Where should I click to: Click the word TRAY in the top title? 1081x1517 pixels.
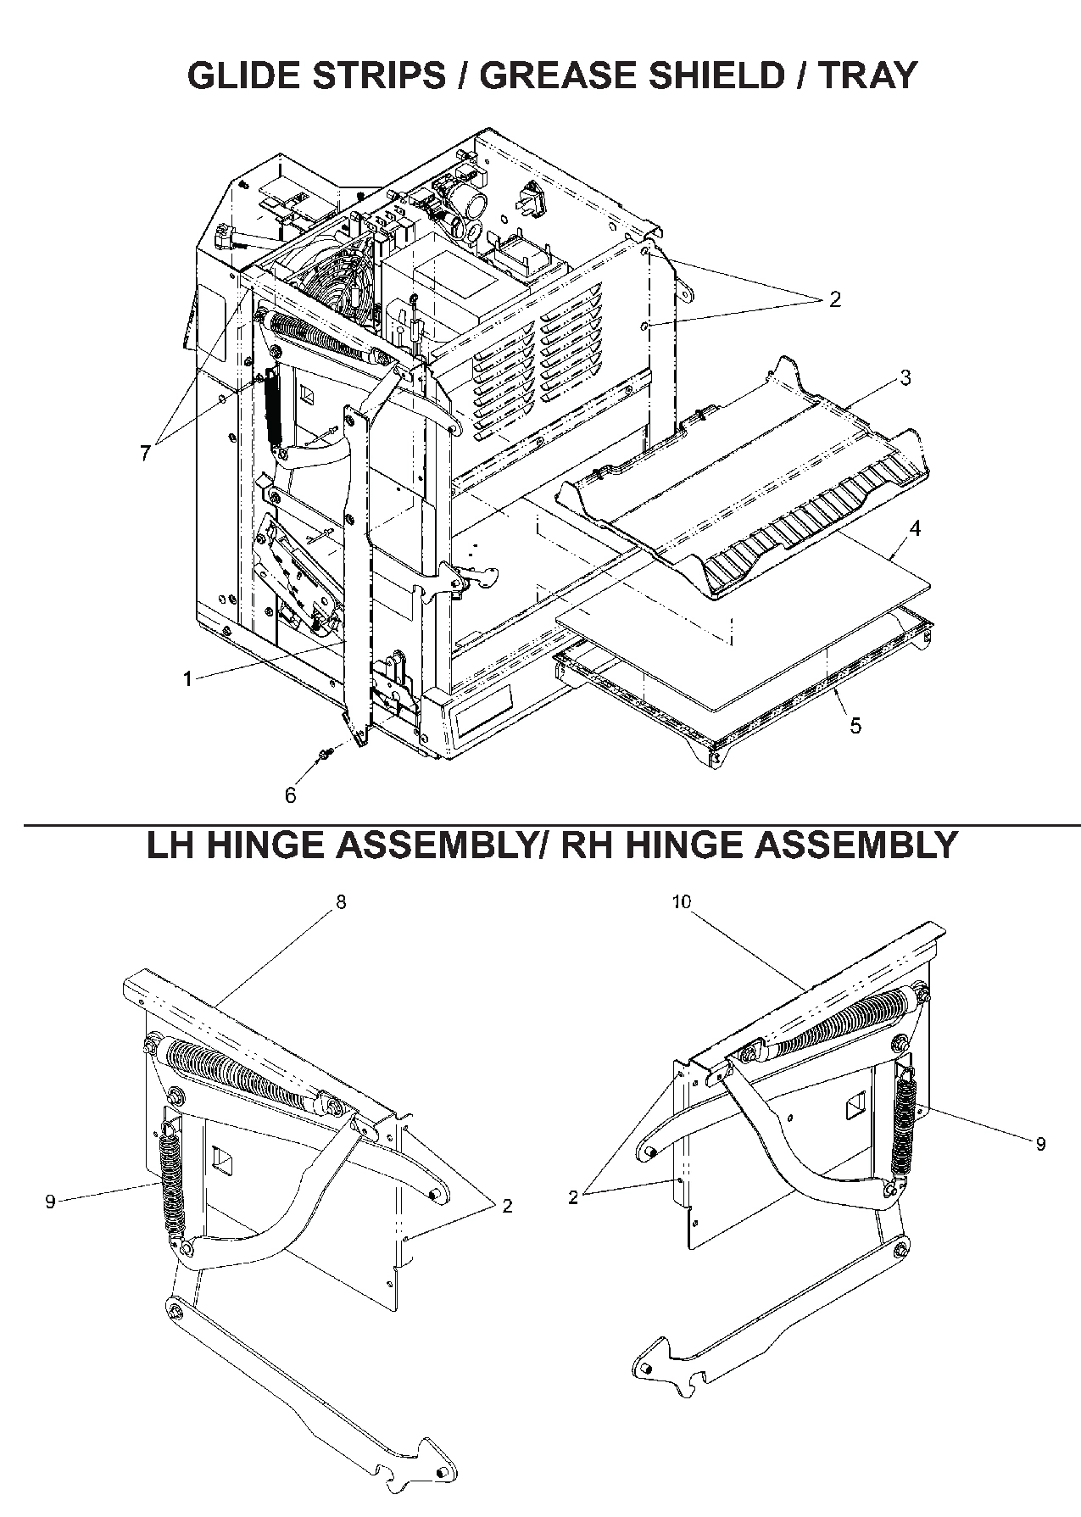tap(867, 75)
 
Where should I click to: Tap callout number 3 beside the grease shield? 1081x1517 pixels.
tap(905, 378)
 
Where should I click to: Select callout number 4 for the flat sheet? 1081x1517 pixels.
tap(914, 528)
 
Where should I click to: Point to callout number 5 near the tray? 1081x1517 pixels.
tap(855, 725)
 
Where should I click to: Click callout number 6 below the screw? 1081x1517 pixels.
tap(291, 795)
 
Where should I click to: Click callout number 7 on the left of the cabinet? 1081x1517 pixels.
tap(146, 454)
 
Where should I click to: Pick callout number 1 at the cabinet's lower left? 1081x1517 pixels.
tap(187, 678)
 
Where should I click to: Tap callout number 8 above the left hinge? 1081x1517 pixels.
tap(341, 902)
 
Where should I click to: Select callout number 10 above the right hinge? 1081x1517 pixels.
tap(683, 902)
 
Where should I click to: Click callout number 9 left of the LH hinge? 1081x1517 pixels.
tap(50, 1202)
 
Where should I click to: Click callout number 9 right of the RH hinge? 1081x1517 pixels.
tap(1041, 1144)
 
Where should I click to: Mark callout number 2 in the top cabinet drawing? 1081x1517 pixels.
tap(834, 299)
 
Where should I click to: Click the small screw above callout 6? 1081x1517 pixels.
tap(326, 753)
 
